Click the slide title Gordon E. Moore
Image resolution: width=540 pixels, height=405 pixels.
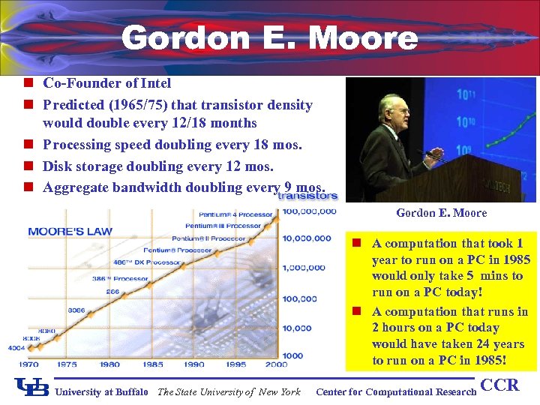pos(269,37)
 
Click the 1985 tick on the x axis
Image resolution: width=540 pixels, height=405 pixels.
pos(153,364)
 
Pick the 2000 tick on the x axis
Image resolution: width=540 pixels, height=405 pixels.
pos(276,364)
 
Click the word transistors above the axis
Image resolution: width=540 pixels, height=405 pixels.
pos(307,196)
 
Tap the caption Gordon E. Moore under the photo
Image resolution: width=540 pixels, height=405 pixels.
pos(441,213)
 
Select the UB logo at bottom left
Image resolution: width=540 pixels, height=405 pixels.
pos(31,387)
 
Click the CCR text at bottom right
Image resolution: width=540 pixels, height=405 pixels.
pos(499,385)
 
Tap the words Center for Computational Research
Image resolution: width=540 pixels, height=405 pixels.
pos(396,391)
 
